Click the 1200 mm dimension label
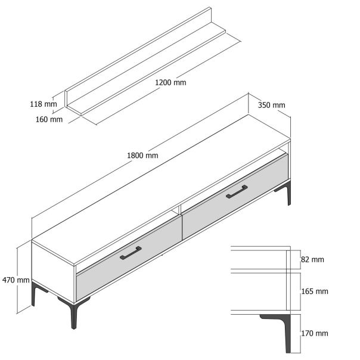(171, 82)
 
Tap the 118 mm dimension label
(43, 104)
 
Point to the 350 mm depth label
(271, 105)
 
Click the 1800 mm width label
(143, 156)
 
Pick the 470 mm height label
(16, 280)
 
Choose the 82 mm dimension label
(313, 260)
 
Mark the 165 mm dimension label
(315, 291)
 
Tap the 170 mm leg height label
(315, 333)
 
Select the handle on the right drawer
(237, 191)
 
